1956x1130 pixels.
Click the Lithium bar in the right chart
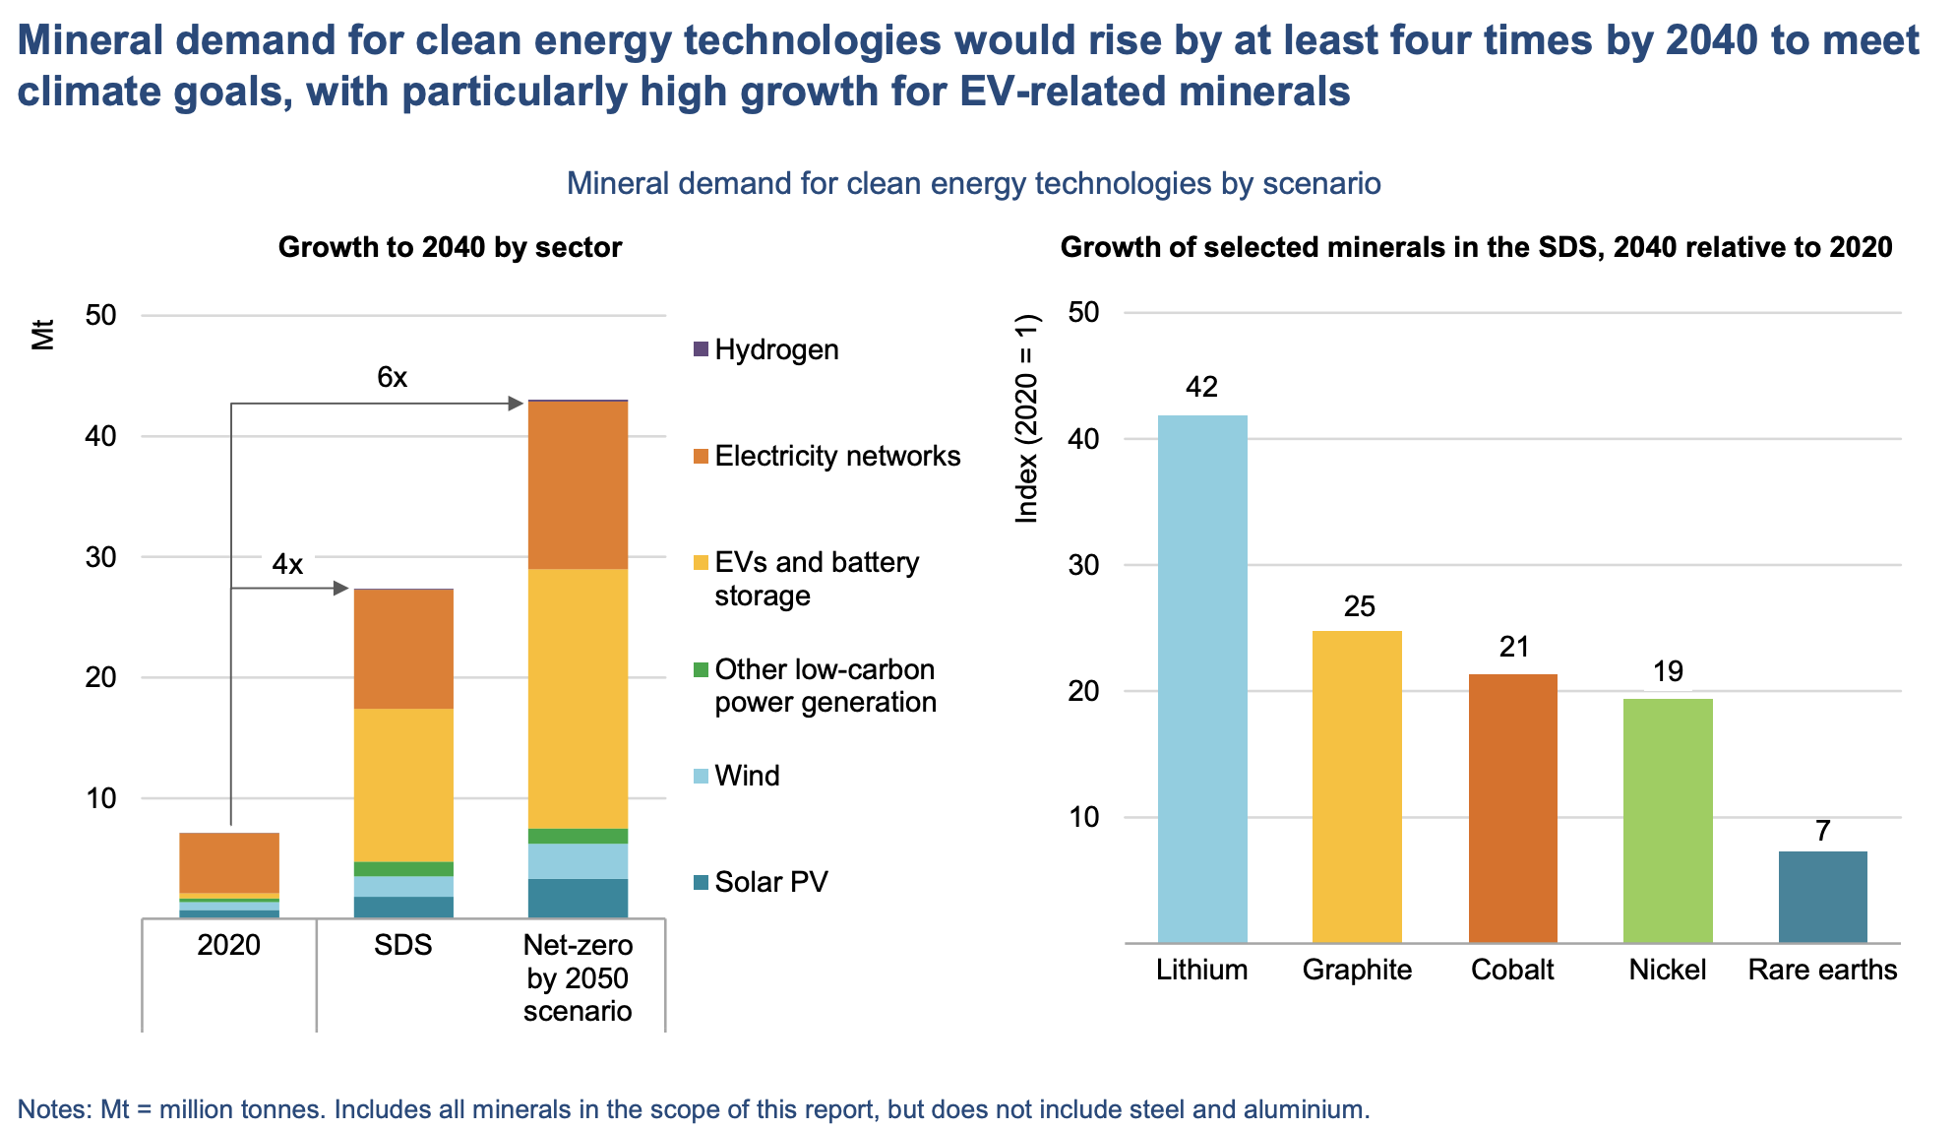[x=1201, y=679]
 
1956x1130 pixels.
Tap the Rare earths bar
[x=1822, y=897]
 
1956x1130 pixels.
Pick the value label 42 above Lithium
[x=1201, y=387]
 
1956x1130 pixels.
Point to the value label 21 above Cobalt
[x=1513, y=647]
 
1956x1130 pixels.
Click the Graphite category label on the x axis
[x=1357, y=970]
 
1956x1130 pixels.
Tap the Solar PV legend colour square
[x=701, y=882]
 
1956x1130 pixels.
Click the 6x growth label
[x=392, y=377]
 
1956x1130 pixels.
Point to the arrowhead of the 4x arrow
[x=342, y=589]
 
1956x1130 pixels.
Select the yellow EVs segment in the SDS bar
[x=403, y=785]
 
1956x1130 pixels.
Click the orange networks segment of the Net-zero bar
[x=578, y=485]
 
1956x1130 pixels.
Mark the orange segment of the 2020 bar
[x=229, y=862]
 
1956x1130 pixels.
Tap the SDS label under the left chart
[x=403, y=945]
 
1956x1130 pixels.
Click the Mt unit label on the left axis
[x=42, y=335]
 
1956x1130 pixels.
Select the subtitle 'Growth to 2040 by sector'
[x=450, y=247]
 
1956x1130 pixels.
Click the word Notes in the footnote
[x=53, y=1109]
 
